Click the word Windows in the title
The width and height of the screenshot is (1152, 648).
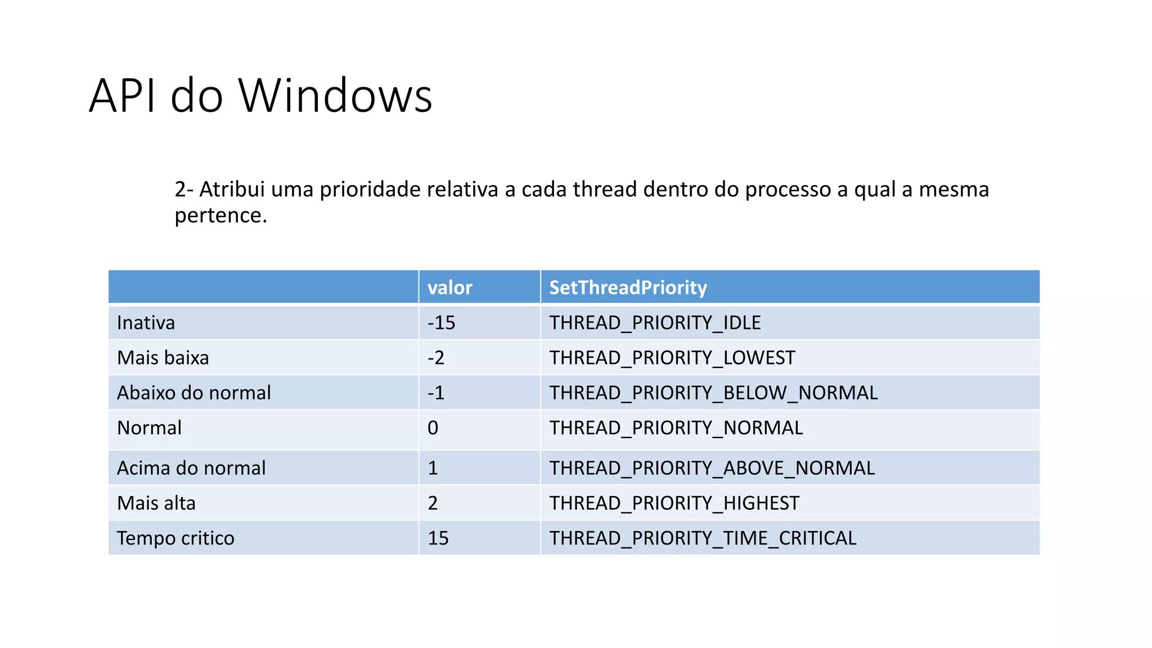(335, 96)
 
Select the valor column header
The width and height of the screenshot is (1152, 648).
(449, 287)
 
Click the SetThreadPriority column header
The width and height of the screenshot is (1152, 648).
(628, 287)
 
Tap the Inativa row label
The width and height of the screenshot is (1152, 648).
(146, 323)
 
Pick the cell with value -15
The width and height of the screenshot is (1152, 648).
(441, 323)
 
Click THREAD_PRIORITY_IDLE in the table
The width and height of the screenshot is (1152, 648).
(655, 323)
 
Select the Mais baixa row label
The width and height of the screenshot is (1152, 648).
(163, 358)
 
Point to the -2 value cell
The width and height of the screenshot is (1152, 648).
(436, 358)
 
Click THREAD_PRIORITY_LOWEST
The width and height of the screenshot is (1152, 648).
(672, 358)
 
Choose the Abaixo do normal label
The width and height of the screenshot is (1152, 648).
(193, 393)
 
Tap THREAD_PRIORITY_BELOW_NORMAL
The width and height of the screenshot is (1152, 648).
(713, 393)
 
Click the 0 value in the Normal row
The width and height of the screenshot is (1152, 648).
(433, 428)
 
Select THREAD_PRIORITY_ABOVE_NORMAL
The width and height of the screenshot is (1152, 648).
(712, 468)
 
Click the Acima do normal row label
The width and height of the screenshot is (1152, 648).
(191, 468)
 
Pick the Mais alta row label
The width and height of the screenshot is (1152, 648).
(156, 503)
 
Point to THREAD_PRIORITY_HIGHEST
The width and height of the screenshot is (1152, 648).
(674, 503)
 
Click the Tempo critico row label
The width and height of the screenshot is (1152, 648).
(175, 538)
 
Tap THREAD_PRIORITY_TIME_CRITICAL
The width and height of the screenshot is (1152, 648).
(703, 538)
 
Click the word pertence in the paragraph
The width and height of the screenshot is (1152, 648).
(219, 215)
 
